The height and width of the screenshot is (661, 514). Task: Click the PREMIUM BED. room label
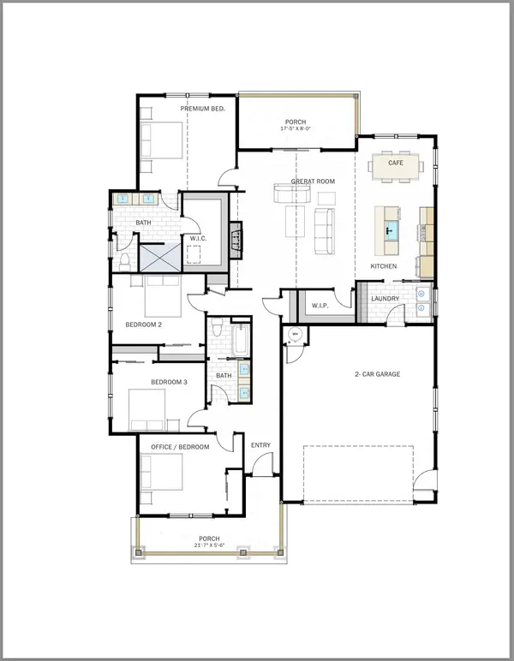[x=202, y=109]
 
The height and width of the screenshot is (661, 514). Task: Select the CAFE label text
[x=395, y=162]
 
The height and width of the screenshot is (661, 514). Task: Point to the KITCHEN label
[x=384, y=267]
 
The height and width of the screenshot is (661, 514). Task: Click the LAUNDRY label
[x=385, y=299]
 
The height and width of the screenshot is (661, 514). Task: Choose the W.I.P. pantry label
[x=321, y=305]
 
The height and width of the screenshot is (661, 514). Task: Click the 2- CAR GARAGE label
[x=377, y=374]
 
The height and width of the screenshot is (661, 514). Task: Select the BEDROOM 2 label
[x=143, y=325]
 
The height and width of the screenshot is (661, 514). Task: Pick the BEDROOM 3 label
[x=169, y=382]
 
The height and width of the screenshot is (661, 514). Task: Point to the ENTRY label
[x=260, y=445]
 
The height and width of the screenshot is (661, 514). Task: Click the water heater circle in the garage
[x=295, y=335]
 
